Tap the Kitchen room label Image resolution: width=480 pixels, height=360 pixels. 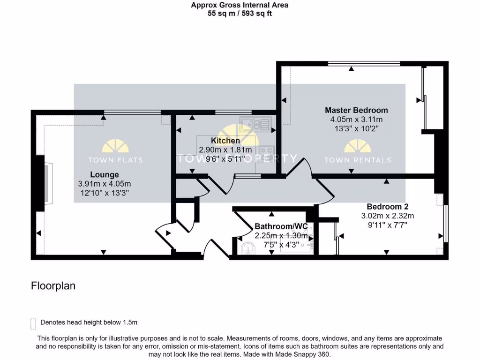point(225,141)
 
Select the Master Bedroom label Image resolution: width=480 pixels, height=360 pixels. point(356,110)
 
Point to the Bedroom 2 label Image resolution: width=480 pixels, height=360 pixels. point(384,207)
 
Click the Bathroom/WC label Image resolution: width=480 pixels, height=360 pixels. point(281,226)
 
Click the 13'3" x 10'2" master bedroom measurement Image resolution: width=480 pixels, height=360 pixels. point(356,128)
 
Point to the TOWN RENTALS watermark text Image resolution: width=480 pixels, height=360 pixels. point(357,160)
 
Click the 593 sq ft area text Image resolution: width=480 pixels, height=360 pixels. point(256,14)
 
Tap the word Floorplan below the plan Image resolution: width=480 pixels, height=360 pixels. point(53,285)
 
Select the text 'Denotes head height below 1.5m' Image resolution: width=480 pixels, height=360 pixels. point(89,322)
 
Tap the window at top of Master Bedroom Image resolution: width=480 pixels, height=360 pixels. point(363,63)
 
